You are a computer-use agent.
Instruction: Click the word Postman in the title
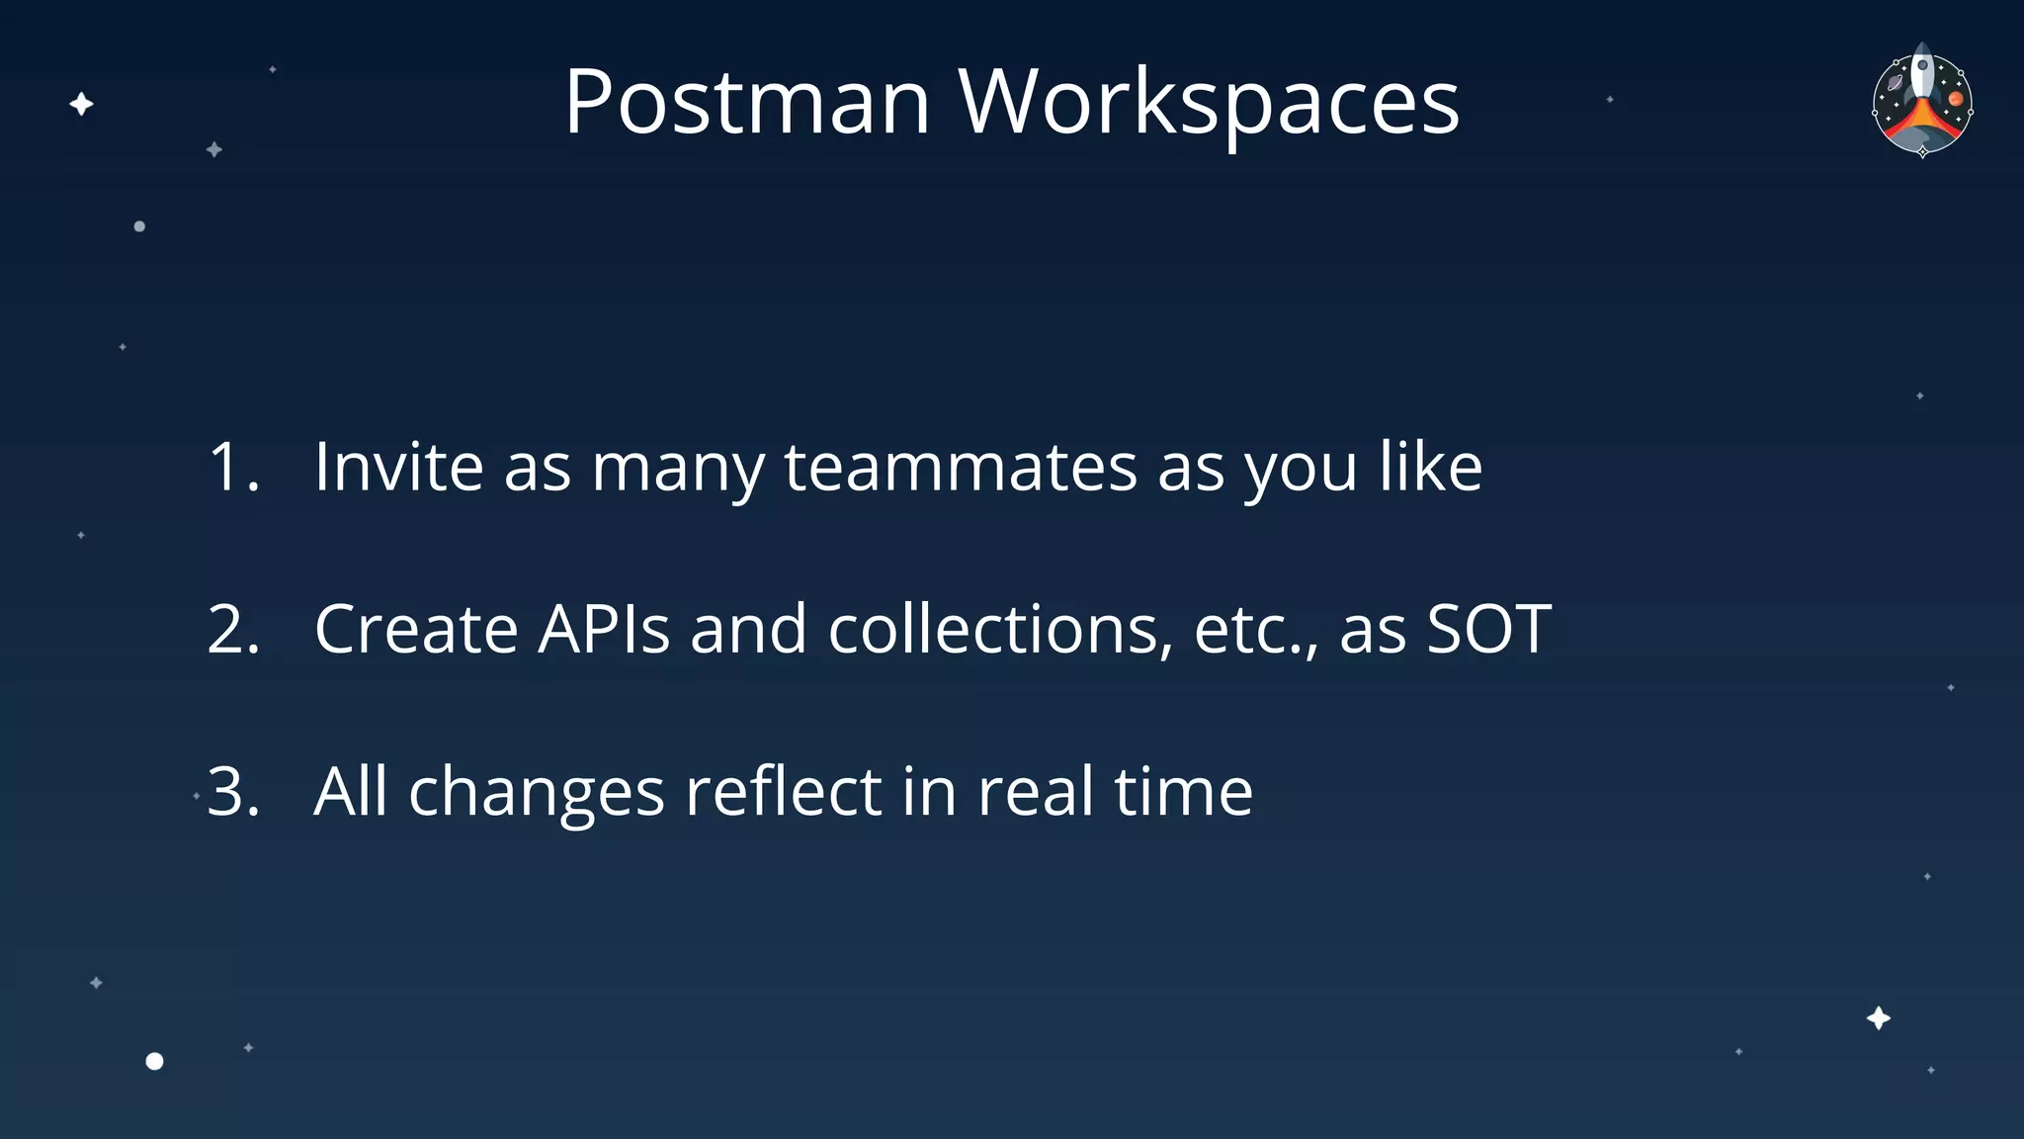coord(747,102)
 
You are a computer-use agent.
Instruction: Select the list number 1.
coord(233,467)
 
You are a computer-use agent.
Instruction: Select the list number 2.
coord(233,629)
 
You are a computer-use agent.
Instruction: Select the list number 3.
coord(233,791)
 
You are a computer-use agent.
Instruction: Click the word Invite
coord(398,467)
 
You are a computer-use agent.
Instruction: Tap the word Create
coord(415,629)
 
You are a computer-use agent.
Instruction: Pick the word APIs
coord(604,629)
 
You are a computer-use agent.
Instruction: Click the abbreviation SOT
coord(1489,629)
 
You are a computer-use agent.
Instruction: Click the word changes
coord(537,793)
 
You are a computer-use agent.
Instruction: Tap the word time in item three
coord(1183,791)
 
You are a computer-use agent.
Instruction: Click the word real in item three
coord(1036,791)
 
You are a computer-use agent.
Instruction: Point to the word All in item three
coord(351,791)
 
